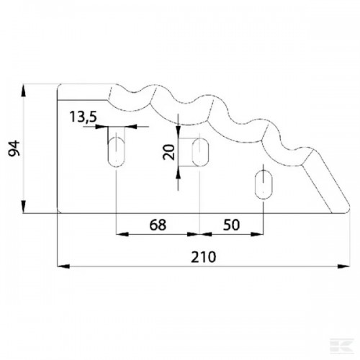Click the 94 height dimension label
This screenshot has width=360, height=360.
pos(14,148)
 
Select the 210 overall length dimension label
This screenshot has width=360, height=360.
pos(204,257)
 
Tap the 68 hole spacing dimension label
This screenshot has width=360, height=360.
pos(158,225)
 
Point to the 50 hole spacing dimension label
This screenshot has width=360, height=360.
pos(231,225)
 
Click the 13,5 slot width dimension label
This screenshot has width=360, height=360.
pos(84,117)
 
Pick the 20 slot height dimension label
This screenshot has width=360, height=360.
pos(168,152)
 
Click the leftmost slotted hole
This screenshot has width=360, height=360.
pos(117,152)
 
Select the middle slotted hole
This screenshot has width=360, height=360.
pos(200,152)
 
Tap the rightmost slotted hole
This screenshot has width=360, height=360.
pos(264,185)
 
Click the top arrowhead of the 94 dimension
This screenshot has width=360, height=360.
pos(23,90)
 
